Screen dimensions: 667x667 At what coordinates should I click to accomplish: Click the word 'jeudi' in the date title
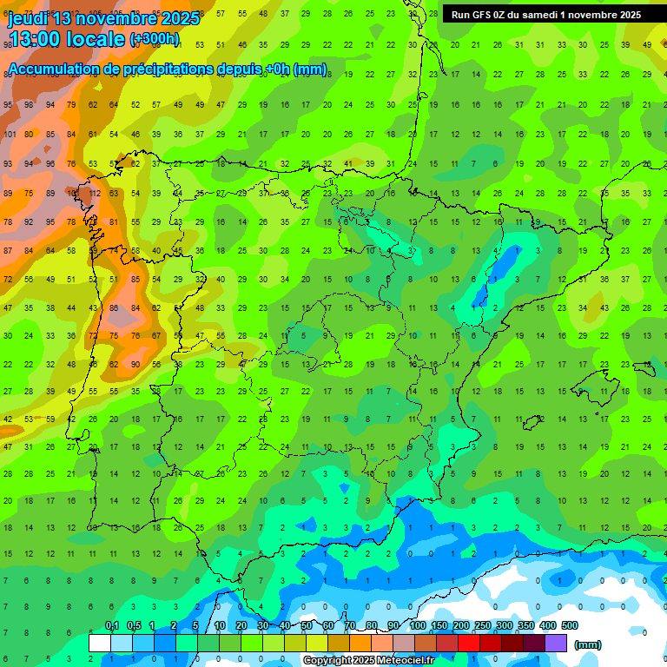(x=29, y=18)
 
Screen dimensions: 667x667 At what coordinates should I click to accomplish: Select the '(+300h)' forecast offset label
(x=155, y=39)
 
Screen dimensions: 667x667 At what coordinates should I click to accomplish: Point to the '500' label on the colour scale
(x=570, y=626)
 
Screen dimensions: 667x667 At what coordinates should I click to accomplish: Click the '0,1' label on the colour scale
(x=112, y=626)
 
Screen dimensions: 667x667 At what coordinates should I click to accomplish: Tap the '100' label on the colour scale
(x=418, y=626)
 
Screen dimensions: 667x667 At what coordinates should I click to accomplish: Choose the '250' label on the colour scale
(x=483, y=626)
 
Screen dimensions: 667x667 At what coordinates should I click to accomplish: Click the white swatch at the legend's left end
(x=99, y=644)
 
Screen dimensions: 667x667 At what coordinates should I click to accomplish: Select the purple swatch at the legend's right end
(x=556, y=644)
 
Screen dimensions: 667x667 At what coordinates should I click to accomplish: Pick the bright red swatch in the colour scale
(x=469, y=644)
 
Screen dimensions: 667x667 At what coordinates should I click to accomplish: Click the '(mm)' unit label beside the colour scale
(x=588, y=644)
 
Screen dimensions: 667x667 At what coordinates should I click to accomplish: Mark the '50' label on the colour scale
(x=307, y=626)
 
